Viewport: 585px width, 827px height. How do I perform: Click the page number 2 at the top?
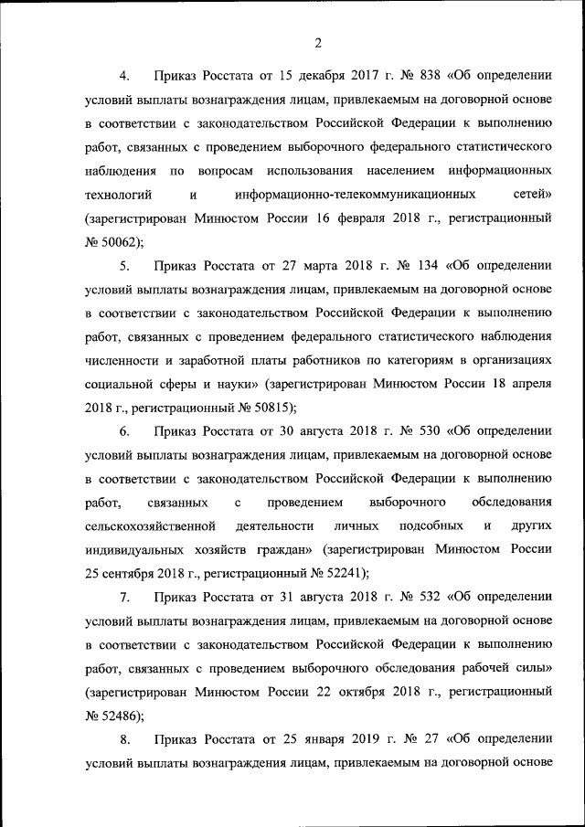point(317,42)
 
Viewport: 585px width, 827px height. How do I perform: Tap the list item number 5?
point(125,266)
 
